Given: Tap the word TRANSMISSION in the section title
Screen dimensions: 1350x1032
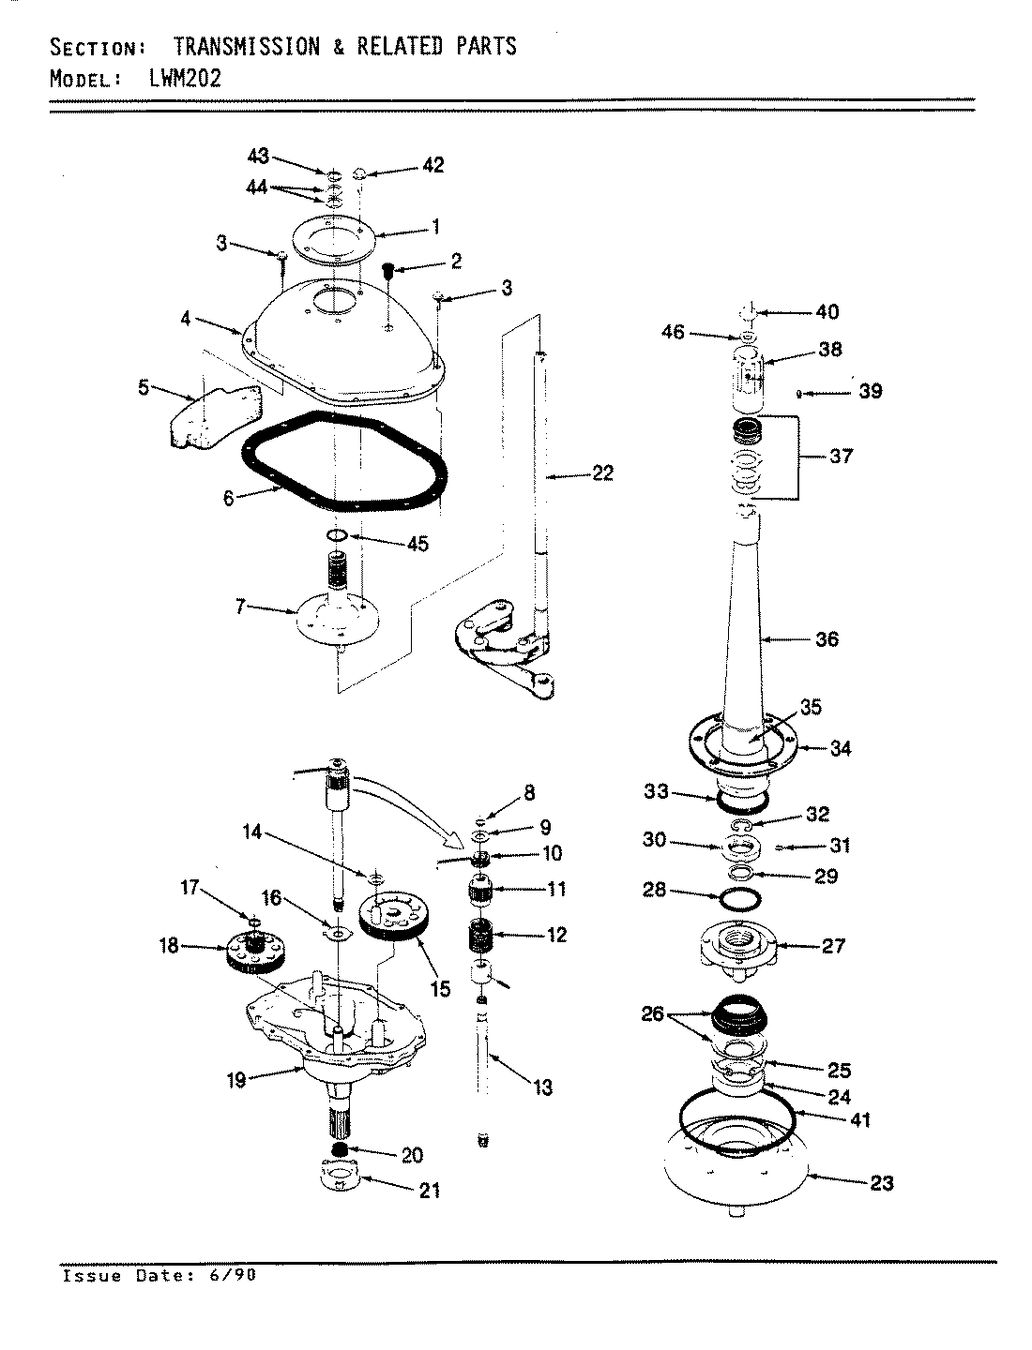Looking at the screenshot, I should coord(247,46).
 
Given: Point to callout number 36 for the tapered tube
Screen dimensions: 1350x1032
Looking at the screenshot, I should coord(827,639).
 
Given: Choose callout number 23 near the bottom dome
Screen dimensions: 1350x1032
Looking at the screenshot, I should coord(882,1182).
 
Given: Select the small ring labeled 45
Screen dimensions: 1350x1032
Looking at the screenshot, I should coord(337,535).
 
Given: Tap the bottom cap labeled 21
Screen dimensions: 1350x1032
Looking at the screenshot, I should coord(341,1176).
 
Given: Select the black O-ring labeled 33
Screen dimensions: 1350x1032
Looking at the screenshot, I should coord(742,802).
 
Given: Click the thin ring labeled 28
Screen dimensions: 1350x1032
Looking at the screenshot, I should coord(739,898).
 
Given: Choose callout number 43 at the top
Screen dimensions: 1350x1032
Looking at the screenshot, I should coord(257,157).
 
